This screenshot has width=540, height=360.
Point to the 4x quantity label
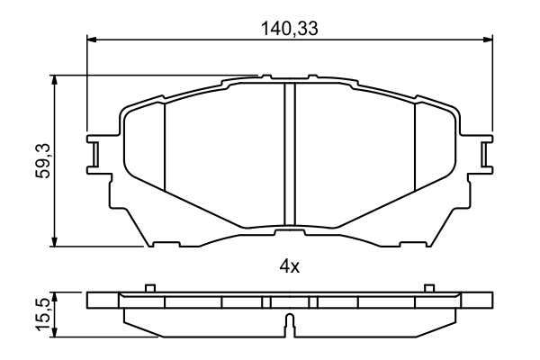(x=289, y=266)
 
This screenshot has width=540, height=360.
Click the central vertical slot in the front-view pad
(x=290, y=153)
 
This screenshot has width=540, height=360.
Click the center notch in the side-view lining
(x=289, y=325)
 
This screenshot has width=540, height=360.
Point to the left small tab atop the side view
(x=150, y=288)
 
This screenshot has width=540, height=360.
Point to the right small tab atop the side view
(x=427, y=288)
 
